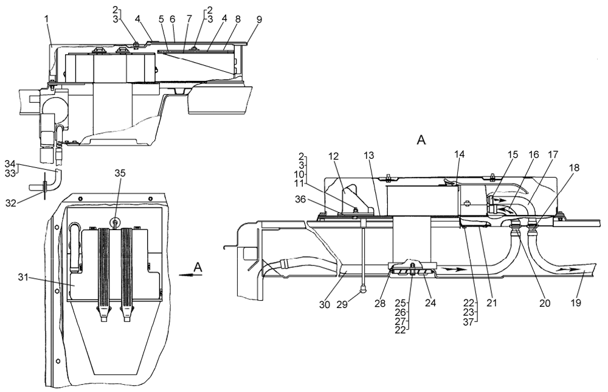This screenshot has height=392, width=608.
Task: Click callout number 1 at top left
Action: (x=46, y=19)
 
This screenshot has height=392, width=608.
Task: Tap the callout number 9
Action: (x=259, y=19)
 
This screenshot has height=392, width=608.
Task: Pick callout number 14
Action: (x=459, y=154)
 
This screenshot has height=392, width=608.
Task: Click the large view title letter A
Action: (x=421, y=141)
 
